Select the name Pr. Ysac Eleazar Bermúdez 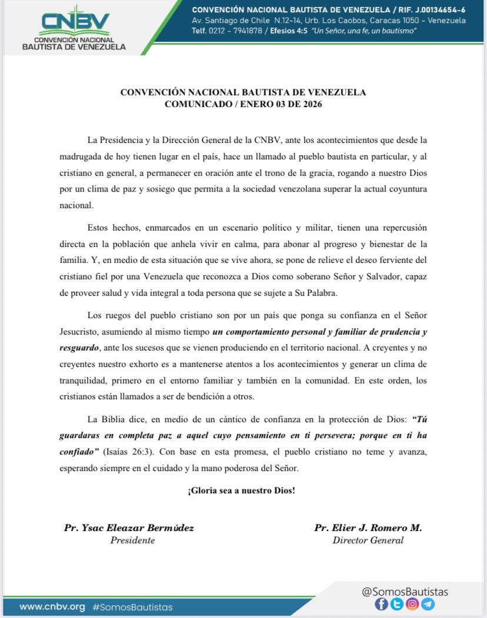coord(129,527)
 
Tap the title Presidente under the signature coord(132,540)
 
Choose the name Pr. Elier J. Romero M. coord(368,527)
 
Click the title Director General coord(368,540)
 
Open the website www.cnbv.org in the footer coord(52,606)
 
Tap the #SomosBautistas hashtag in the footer coord(132,606)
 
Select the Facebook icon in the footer coord(382,604)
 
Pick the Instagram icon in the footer coord(413,604)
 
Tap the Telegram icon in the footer coord(428,604)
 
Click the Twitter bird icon coord(397,604)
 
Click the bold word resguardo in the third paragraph coord(79,348)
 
